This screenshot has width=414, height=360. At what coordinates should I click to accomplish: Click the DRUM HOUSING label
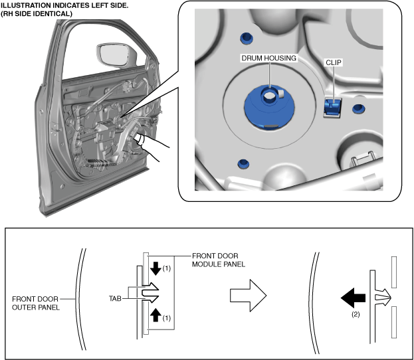(x=269, y=58)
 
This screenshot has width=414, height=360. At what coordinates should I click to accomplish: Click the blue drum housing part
(x=269, y=110)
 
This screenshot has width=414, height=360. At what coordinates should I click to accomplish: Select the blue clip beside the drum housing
(x=332, y=107)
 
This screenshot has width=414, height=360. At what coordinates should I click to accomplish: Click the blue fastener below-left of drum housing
(x=243, y=163)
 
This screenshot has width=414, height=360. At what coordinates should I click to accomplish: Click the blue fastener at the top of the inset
(x=246, y=37)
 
